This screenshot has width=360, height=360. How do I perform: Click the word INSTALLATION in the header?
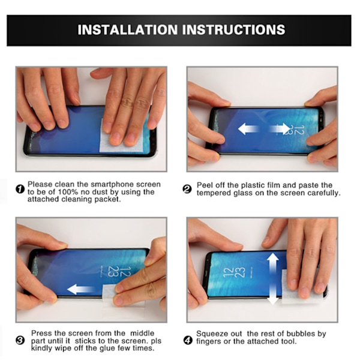coord(128,30)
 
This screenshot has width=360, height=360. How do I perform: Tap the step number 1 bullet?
coord(20,189)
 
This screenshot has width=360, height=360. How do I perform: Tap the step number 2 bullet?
coord(187,189)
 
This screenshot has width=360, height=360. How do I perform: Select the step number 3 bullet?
coord(20,340)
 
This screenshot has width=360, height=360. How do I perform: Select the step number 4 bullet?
coord(188,340)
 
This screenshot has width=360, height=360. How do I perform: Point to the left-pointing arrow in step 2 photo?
coord(248,128)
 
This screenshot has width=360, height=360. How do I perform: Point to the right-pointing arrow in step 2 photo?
coord(279,128)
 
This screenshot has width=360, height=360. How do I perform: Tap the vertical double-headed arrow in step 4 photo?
coord(273,279)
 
